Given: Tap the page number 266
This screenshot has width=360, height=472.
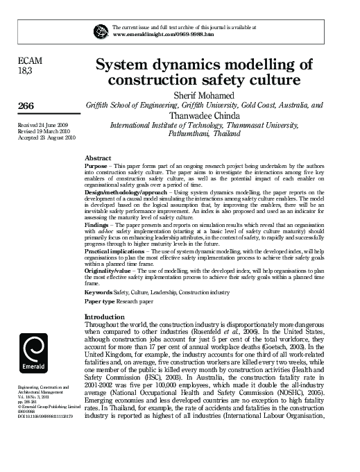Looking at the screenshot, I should [x=26, y=105].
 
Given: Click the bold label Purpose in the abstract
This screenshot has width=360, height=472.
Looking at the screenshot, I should [x=95, y=167].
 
